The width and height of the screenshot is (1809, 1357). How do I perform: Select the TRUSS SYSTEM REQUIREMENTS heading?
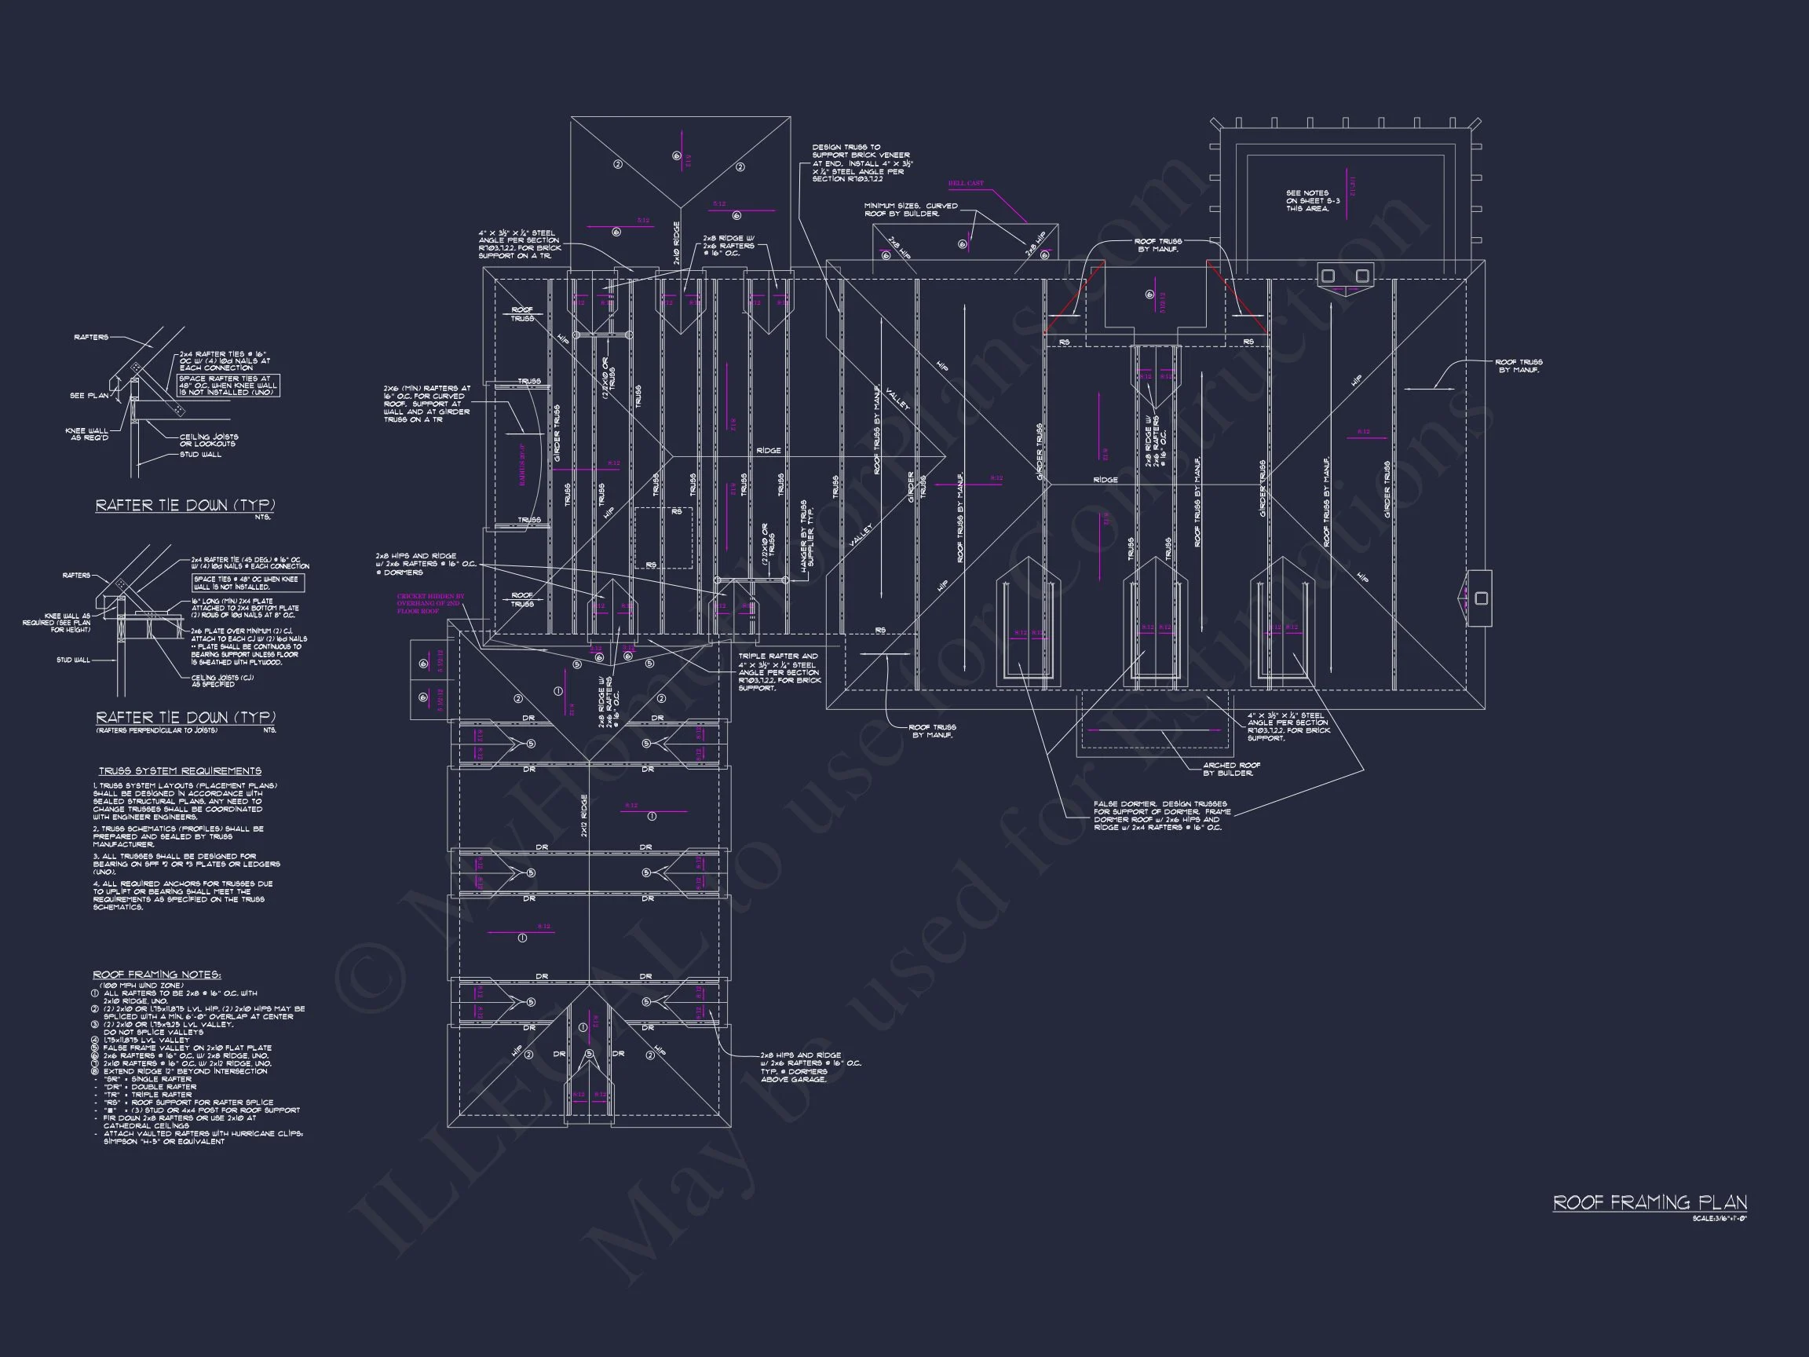coord(180,771)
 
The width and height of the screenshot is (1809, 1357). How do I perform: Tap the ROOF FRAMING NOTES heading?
coord(156,975)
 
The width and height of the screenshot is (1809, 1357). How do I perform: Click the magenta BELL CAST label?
coord(966,184)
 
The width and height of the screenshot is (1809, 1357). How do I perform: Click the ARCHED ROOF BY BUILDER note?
coord(1231,769)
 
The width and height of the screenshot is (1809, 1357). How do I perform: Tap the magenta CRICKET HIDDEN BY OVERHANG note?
coord(429,604)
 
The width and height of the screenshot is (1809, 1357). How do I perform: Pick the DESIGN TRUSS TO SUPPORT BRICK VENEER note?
coord(862,163)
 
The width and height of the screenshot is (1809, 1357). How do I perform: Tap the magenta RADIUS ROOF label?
coord(522,464)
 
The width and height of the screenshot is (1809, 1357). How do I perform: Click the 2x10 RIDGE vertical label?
coord(676,243)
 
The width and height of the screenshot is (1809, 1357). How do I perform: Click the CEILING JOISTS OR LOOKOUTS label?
coord(209,440)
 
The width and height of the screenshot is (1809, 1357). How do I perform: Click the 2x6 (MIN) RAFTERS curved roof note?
coord(427,404)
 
